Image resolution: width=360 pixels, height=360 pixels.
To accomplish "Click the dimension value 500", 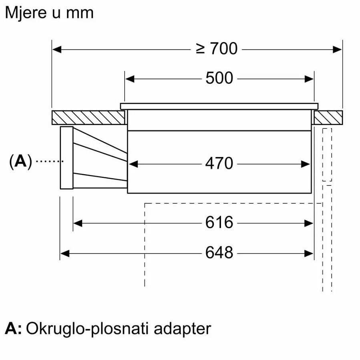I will click(x=219, y=78).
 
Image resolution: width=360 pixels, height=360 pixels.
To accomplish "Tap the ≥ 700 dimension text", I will click(x=217, y=49).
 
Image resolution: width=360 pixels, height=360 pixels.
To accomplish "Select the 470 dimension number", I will click(x=219, y=163).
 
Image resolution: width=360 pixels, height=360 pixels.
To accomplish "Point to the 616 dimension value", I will click(x=219, y=222).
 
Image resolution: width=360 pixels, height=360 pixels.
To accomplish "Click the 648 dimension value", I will click(x=219, y=253).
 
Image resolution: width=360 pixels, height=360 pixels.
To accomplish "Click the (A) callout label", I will click(x=20, y=161).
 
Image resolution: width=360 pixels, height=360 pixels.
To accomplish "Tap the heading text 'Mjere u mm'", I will click(x=49, y=13).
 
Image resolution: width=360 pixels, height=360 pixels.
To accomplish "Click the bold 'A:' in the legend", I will click(x=13, y=329).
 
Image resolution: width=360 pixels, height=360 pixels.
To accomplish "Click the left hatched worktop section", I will click(x=88, y=117).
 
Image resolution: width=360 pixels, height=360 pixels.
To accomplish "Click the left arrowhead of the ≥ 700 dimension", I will click(x=56, y=49).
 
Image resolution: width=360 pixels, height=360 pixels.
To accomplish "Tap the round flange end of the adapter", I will click(x=66, y=157).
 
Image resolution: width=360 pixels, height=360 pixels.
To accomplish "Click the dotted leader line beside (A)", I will click(x=50, y=161).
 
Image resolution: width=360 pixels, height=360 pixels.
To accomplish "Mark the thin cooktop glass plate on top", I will click(x=219, y=106).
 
